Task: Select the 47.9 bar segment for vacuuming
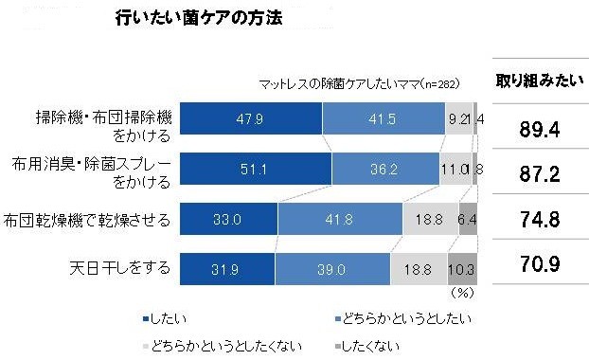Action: tap(251, 118)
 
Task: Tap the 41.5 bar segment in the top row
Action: tap(384, 118)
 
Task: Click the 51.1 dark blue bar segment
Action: tap(256, 169)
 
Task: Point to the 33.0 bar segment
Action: tap(228, 219)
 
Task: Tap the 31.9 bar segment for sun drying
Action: tap(226, 269)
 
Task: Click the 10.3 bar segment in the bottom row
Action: tap(462, 269)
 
